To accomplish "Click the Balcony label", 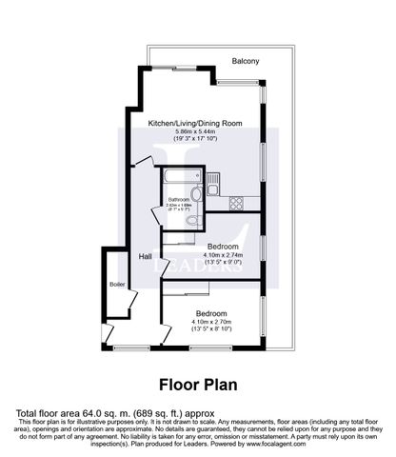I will [245, 63].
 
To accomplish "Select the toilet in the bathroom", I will [194, 219].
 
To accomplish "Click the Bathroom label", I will [181, 199].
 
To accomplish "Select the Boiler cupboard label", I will [117, 284].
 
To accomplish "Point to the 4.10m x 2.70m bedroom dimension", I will [210, 322].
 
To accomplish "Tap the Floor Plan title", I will [197, 386].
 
